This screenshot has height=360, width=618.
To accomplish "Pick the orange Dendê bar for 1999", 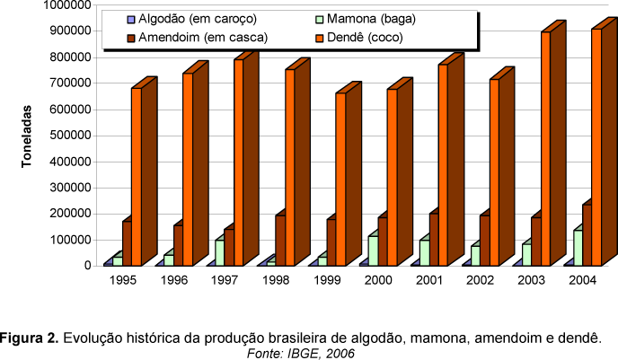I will pos(340,179).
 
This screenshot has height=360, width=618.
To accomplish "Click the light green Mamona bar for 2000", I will pos(373,250).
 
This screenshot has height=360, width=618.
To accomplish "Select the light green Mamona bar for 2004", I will pos(578,248).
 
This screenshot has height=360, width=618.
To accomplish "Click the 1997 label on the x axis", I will pos(225,280).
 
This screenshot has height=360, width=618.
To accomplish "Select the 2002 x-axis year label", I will pos(481,280).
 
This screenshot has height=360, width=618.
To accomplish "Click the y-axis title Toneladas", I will pos(28,135).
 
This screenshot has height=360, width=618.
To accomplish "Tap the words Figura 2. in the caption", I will pos(30,338).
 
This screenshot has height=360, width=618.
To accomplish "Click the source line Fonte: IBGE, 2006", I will pos(301,353).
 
